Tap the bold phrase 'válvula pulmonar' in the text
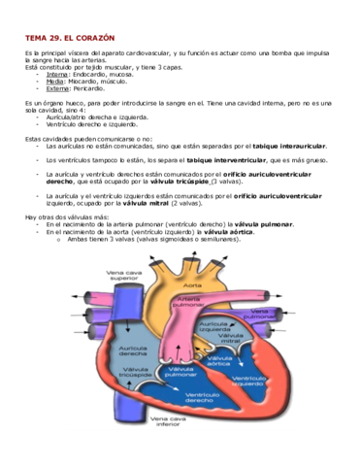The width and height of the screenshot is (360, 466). (261, 223)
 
